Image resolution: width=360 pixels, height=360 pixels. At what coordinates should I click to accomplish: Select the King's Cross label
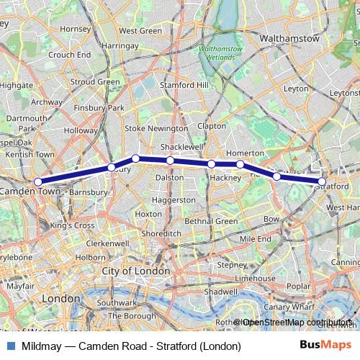click(x=73, y=225)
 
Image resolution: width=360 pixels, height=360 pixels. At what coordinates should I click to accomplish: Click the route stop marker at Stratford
click(x=323, y=182)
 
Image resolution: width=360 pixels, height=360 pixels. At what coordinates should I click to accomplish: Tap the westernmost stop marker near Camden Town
click(x=37, y=182)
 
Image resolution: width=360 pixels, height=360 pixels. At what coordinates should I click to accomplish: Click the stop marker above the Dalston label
click(x=170, y=161)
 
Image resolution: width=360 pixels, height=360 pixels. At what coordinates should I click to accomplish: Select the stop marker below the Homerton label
click(x=240, y=165)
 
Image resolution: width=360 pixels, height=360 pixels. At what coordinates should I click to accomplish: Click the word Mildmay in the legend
click(x=41, y=346)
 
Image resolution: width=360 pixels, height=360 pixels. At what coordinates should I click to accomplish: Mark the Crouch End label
click(x=70, y=54)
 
